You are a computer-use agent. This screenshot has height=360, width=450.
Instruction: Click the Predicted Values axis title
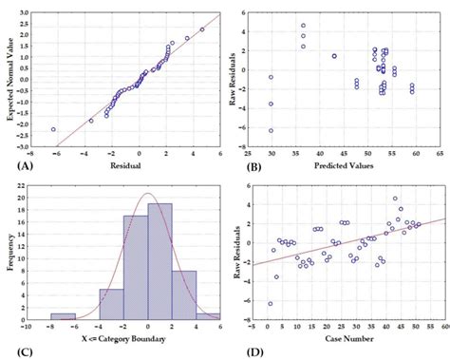coord(345,165)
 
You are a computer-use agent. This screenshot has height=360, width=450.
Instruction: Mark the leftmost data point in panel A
coord(53,129)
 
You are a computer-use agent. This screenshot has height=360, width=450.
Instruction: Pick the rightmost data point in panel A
coord(202,29)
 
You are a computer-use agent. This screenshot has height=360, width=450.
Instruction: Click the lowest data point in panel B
coord(271,131)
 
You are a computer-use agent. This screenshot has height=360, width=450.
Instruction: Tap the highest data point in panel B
coord(304,26)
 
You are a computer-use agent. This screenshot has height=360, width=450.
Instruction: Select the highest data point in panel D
coord(395,199)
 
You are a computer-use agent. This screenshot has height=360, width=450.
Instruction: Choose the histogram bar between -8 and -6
coord(64,316)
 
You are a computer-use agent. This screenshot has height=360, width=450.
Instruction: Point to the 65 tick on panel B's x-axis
coord(440,152)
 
